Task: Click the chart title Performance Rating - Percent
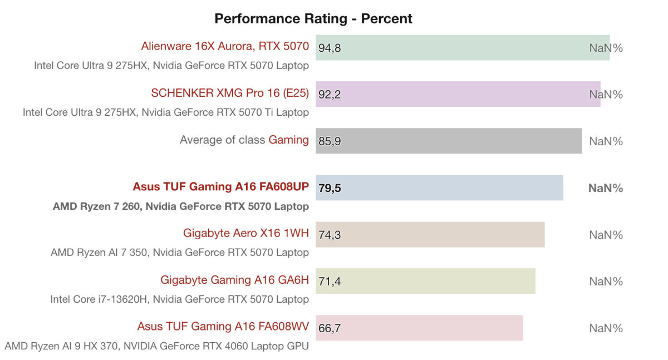pos(313,18)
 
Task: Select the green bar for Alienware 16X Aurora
pos(462,48)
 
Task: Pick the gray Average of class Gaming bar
pos(448,141)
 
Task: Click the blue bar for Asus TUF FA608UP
pos(439,188)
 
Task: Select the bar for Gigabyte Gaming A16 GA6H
pos(425,282)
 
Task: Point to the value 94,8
pos(330,48)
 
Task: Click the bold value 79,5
pos(330,189)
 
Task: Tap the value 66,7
pos(330,329)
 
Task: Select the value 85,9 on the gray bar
pos(330,142)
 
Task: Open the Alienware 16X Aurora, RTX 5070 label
pos(225,46)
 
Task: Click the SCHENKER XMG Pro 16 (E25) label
pos(230,93)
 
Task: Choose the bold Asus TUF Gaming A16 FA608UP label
pos(220,186)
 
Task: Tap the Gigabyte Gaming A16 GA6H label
pos(234,280)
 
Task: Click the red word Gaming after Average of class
pos(288,140)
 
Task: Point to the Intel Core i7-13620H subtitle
pos(179,299)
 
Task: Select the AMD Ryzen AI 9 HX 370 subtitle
pos(156,346)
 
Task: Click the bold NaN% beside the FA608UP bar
pos(606,188)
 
